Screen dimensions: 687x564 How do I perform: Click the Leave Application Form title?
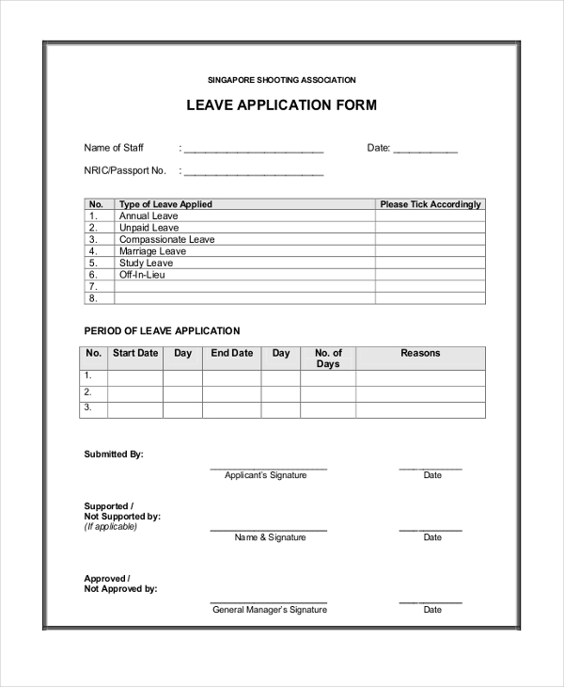[x=282, y=105]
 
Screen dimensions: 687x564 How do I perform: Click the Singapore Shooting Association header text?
[x=282, y=80]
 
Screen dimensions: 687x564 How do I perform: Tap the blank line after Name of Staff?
[x=254, y=149]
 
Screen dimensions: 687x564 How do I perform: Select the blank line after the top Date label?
[x=426, y=149]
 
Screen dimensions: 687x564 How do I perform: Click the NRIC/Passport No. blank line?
[x=254, y=172]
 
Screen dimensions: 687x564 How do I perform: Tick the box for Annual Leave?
[x=431, y=216]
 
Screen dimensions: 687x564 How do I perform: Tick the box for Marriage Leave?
[x=431, y=251]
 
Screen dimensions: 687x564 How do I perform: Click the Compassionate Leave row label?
[x=166, y=240]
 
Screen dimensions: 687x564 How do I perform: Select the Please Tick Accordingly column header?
[x=431, y=204]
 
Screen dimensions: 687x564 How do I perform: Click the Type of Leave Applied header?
[x=165, y=204]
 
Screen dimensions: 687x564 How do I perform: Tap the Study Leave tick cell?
[x=431, y=264]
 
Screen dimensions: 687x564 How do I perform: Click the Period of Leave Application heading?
[x=163, y=330]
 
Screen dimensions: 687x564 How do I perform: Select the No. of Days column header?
[x=328, y=359]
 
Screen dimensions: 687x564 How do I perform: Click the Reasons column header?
[x=420, y=353]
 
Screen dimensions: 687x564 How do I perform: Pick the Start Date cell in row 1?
[x=135, y=377]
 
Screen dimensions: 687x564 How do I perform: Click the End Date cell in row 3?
[x=232, y=409]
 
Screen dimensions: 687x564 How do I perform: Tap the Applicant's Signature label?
[x=266, y=475]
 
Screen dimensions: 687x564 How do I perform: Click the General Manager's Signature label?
[x=270, y=610]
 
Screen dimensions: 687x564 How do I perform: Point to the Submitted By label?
[x=114, y=454]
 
